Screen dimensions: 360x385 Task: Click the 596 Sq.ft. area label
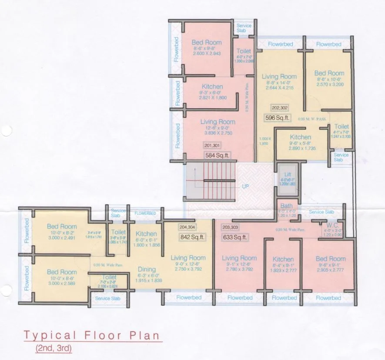277,117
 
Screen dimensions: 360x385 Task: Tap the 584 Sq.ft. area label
218,154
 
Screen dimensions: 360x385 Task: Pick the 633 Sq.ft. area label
234,237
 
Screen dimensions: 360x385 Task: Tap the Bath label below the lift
287,206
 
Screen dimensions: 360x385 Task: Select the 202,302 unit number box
280,108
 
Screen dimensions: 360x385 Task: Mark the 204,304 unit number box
187,227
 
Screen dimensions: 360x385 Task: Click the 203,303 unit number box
231,227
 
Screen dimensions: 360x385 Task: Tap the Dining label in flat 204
147,269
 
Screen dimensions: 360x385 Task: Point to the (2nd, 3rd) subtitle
54,348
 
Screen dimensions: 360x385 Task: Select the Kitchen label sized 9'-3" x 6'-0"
212,87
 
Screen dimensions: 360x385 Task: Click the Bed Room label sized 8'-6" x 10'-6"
329,73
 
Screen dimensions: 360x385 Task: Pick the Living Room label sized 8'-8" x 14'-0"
279,77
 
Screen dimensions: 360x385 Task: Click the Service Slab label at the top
244,28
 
